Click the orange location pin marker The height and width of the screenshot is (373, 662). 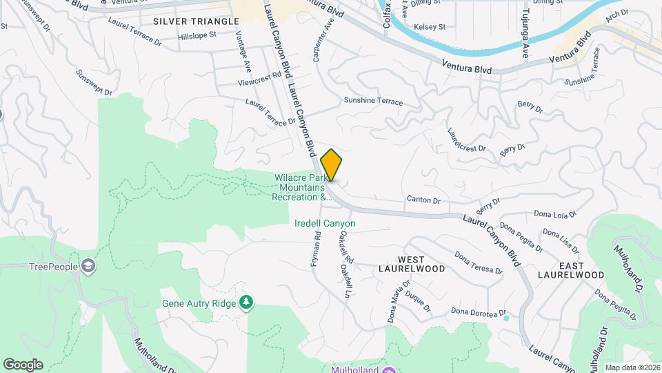[x=332, y=164]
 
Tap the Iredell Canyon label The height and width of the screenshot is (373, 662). [x=325, y=223]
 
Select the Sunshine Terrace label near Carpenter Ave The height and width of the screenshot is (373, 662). [x=373, y=102]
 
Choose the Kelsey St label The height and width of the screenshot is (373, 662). [x=430, y=27]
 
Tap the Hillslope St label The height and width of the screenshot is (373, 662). [x=197, y=35]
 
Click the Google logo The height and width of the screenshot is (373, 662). [x=23, y=365]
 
